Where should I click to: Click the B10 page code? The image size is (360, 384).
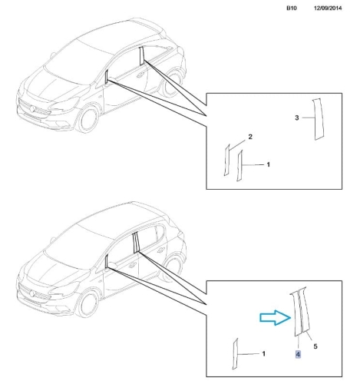pos(292,8)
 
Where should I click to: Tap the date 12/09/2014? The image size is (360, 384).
pos(328,8)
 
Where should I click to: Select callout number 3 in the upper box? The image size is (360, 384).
pos(297,118)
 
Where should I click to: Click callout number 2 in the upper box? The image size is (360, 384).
pos(250,137)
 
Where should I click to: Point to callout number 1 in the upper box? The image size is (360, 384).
pos(268,164)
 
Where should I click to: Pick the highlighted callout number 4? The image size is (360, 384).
pos(298,354)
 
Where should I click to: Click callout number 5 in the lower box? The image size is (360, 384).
pos(315,346)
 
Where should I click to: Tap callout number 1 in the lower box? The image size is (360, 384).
pos(264,353)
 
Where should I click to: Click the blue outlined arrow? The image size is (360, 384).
pos(276,318)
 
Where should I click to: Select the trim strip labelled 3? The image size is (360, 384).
pos(318,119)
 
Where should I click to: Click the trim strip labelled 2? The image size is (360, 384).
pos(227,160)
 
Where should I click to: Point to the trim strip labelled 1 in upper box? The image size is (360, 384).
pos(239,166)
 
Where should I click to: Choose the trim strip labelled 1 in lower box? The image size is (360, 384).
pos(235,354)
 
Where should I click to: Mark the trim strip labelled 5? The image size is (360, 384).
pos(305,310)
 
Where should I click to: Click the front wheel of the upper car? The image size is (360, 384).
pos(88,120)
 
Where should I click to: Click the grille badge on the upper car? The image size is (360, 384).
pos(32,109)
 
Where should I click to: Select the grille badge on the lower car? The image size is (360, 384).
pos(32,293)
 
